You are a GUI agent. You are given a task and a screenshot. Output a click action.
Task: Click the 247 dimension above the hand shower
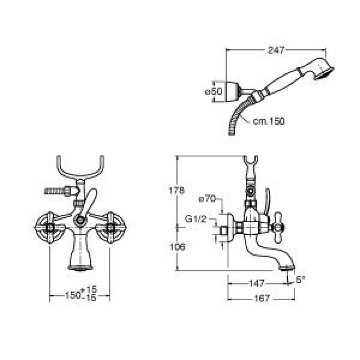click(276, 50)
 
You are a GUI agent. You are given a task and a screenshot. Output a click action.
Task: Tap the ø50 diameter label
click(213, 91)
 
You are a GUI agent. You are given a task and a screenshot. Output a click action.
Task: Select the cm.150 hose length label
click(269, 121)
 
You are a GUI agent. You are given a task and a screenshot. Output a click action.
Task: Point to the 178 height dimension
click(176, 191)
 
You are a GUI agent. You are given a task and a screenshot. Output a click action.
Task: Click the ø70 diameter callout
click(207, 199)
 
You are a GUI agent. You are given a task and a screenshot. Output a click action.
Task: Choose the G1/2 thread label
click(196, 219)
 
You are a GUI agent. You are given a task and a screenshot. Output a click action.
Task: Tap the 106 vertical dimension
click(177, 247)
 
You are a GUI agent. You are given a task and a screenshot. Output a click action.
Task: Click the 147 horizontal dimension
click(257, 283)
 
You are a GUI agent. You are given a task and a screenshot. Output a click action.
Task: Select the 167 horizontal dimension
click(262, 298)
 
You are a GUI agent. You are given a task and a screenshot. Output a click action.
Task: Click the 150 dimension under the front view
click(73, 295)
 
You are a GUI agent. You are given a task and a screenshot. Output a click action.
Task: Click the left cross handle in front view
click(50, 227)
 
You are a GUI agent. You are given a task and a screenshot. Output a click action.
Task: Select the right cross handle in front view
click(111, 227)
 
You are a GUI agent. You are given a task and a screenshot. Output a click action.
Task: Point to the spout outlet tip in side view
click(287, 268)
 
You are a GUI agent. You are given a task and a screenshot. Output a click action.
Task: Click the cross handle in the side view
click(278, 227)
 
